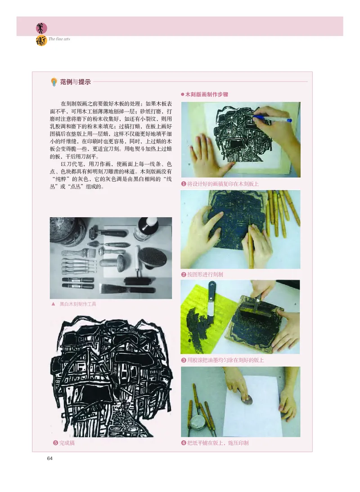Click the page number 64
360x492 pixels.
[x=50, y=458]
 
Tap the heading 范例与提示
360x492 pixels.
[x=75, y=82]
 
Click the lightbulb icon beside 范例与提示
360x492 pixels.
[x=54, y=82]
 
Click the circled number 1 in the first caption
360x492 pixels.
[x=184, y=183]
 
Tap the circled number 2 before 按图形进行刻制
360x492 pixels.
[x=184, y=274]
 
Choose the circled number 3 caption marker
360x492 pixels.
[x=184, y=360]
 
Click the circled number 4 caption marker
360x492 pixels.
[x=184, y=443]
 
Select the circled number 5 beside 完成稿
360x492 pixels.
[x=55, y=443]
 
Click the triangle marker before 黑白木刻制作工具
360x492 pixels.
[x=54, y=304]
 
